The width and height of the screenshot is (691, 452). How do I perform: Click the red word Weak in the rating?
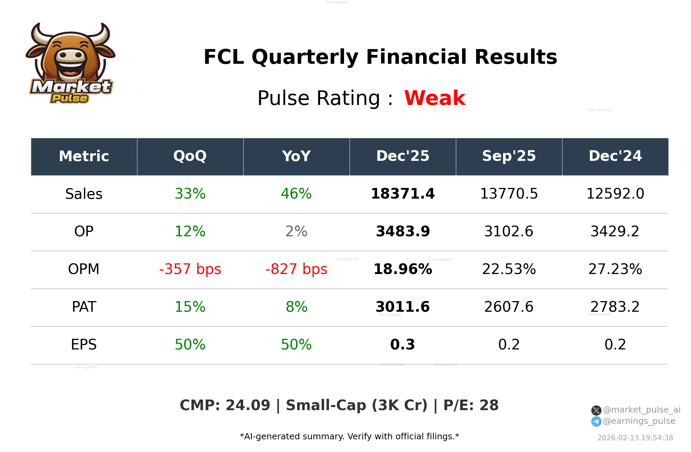click(435, 98)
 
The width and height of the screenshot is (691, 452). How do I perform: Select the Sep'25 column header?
click(509, 156)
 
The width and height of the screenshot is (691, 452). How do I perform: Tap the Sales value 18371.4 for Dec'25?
click(402, 194)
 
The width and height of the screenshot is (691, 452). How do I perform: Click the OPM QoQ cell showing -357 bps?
click(190, 269)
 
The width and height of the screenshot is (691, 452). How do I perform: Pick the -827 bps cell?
click(296, 269)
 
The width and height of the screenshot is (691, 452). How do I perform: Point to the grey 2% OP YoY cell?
click(296, 231)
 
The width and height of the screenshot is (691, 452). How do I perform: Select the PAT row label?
click(84, 307)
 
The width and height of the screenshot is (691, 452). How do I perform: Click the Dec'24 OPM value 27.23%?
click(615, 269)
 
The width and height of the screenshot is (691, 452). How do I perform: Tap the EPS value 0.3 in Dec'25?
click(402, 345)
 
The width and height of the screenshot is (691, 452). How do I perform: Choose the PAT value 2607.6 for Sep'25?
click(509, 307)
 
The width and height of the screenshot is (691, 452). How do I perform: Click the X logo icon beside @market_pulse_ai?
click(596, 410)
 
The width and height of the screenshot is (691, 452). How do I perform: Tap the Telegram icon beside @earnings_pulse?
click(596, 421)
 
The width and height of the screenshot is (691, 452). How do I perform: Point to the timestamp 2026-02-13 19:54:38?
click(635, 438)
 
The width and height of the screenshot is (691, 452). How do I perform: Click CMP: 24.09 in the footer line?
click(225, 405)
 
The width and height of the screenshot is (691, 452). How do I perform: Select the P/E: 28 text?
click(471, 405)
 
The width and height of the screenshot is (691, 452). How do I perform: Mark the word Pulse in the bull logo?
click(70, 98)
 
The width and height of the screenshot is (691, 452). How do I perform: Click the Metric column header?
click(84, 156)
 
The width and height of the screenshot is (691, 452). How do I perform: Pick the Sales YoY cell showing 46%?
click(296, 194)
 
